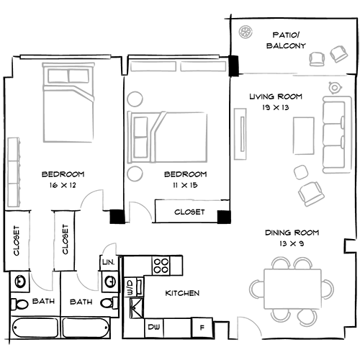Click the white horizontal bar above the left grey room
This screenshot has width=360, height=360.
(x=66, y=56)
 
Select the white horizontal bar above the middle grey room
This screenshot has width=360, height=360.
(x=173, y=56)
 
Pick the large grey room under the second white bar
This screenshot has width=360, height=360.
(x=171, y=115)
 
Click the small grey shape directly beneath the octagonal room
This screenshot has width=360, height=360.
(x=43, y=282)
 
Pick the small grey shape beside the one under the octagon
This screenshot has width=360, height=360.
(x=86, y=283)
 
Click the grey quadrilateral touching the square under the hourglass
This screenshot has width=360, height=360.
(x=108, y=243)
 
